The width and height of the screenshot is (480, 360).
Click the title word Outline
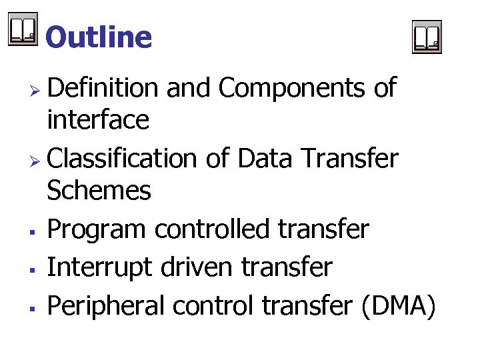99,37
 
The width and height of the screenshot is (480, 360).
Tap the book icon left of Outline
23,31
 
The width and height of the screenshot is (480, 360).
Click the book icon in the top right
427,37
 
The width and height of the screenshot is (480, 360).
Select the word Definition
103,87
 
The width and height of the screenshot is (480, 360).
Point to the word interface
97,121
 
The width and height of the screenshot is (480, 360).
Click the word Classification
121,159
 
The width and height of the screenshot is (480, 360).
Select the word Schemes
99,192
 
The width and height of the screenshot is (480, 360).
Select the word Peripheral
105,306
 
